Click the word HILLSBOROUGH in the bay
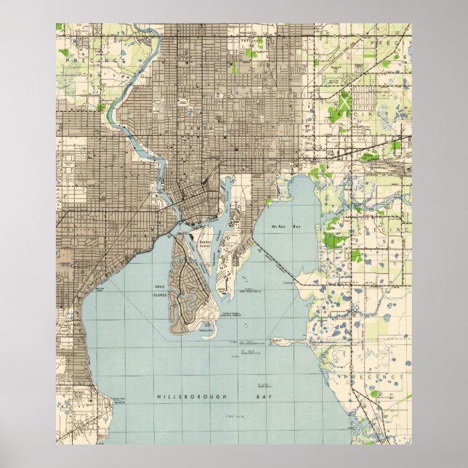(182, 398)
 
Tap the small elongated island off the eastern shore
(287, 339)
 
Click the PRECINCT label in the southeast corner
(384, 379)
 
